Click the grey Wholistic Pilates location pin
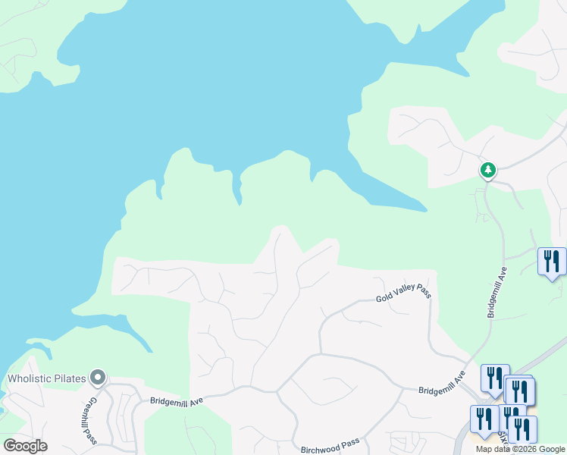click(x=97, y=377)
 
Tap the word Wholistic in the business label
click(x=30, y=378)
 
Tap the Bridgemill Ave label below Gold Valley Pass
click(x=441, y=384)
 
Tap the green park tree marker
click(x=488, y=171)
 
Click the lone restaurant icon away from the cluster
click(x=551, y=262)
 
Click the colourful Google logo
click(x=25, y=446)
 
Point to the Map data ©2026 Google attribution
click(x=520, y=449)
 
